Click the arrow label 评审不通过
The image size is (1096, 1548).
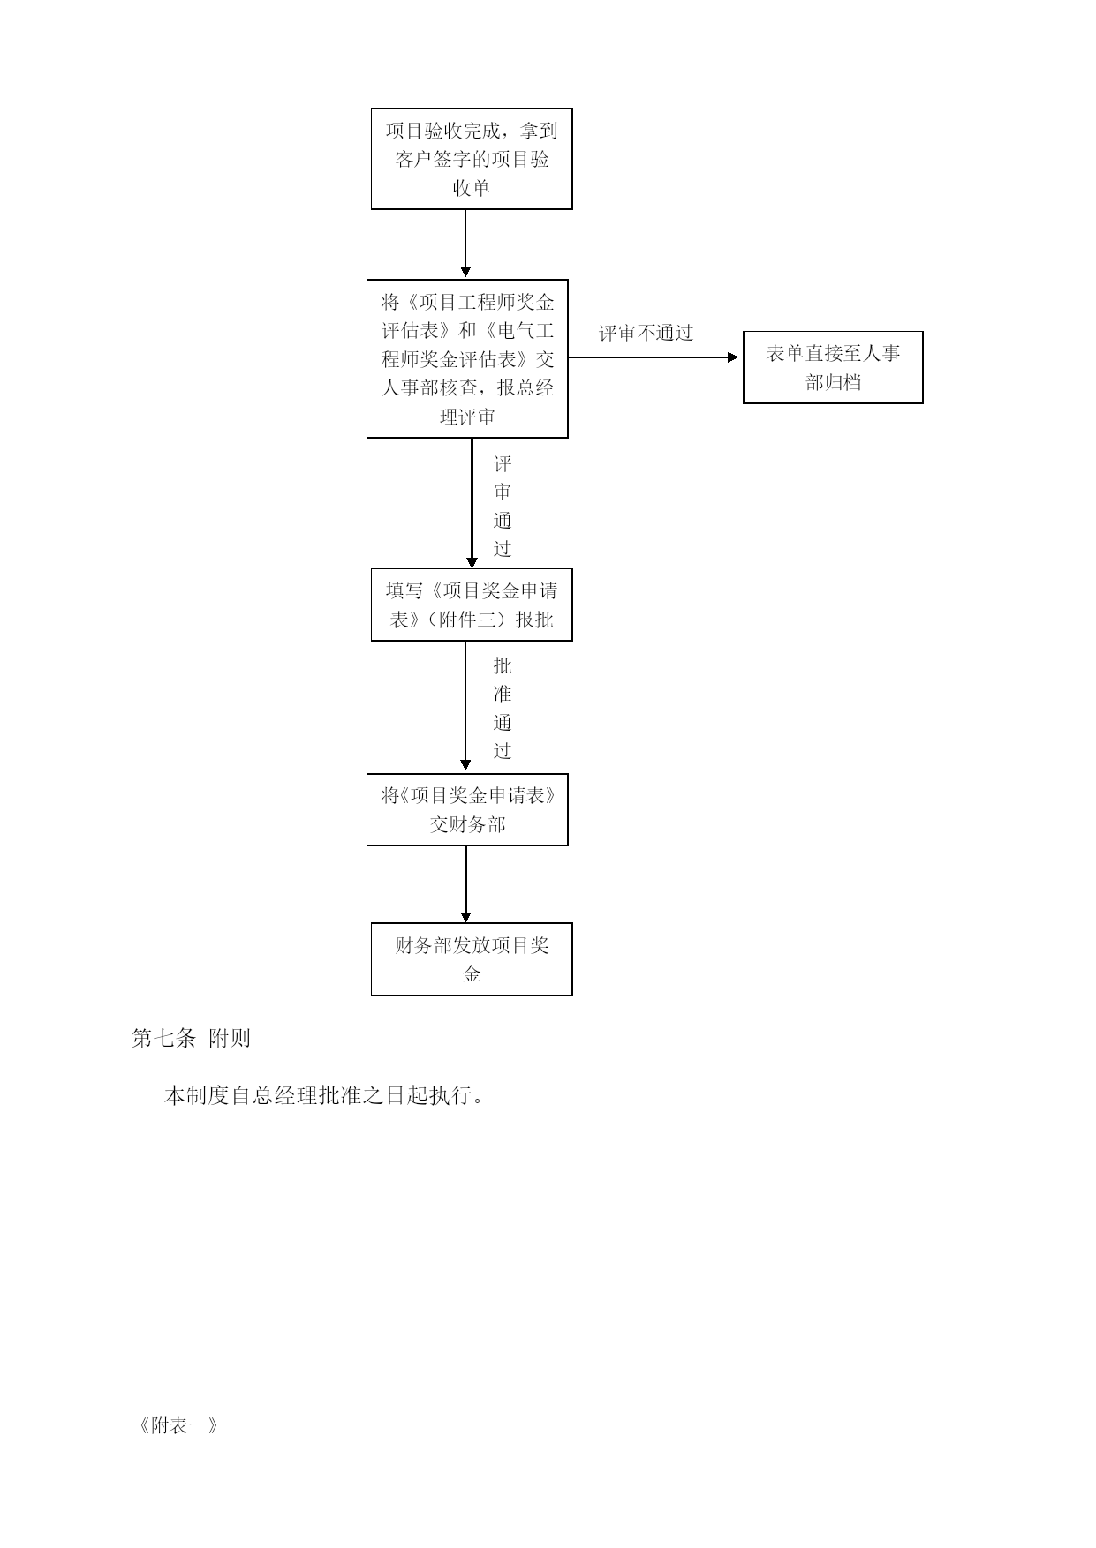(646, 333)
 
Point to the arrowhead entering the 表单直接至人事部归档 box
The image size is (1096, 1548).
(732, 357)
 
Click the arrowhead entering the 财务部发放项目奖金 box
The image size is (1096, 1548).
(465, 917)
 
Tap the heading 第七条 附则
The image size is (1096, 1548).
(191, 1039)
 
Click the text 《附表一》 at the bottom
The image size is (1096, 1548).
(178, 1425)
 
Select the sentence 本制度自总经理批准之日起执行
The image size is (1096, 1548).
(324, 1096)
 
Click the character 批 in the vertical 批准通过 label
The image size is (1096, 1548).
(503, 665)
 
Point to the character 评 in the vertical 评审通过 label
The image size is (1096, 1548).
(503, 464)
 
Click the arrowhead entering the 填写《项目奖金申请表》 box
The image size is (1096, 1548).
(472, 562)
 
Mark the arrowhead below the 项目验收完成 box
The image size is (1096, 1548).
(465, 272)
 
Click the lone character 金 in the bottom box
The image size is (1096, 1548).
(472, 974)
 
